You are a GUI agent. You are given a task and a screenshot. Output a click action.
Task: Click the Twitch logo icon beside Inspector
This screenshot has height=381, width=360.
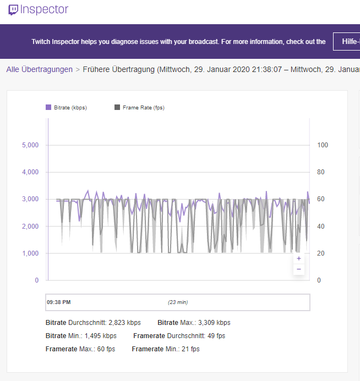coord(13,10)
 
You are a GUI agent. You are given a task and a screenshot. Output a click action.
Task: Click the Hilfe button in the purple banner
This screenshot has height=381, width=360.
coord(347,41)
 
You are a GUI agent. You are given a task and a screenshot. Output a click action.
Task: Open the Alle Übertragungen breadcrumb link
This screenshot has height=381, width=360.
coord(40,70)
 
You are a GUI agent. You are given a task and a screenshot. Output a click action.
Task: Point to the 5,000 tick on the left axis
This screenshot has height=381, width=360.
coord(30,145)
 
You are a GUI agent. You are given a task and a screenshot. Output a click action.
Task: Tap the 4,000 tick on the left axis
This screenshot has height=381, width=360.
coord(30,172)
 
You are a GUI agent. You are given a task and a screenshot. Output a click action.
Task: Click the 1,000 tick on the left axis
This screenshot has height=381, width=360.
coord(30,253)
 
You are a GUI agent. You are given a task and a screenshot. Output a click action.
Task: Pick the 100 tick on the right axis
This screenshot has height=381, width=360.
coord(323,145)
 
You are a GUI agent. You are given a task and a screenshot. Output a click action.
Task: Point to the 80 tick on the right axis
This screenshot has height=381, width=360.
coord(322,172)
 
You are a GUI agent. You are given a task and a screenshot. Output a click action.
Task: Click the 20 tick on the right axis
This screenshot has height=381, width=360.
coord(322,253)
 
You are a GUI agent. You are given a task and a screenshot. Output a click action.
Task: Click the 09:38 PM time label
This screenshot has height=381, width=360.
coord(59,302)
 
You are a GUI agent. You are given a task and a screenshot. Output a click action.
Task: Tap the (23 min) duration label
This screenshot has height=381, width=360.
coord(178,302)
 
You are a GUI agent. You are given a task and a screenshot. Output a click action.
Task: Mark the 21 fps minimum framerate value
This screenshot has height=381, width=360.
coord(189,349)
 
